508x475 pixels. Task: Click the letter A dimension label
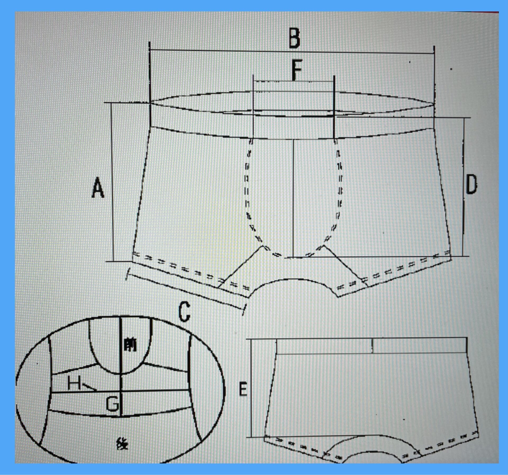click(98, 188)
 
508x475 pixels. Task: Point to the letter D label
click(471, 184)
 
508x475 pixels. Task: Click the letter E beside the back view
click(243, 389)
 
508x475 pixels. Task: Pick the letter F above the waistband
click(297, 70)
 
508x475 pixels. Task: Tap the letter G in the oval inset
click(112, 404)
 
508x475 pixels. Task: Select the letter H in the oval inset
click(74, 383)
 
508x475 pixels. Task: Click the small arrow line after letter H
click(89, 387)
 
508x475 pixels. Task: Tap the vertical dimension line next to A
click(112, 182)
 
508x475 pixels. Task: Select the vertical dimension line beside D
click(463, 187)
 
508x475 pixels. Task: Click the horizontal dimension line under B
click(292, 51)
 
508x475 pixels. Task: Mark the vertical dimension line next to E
click(250, 388)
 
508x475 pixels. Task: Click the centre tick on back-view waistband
click(372, 346)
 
